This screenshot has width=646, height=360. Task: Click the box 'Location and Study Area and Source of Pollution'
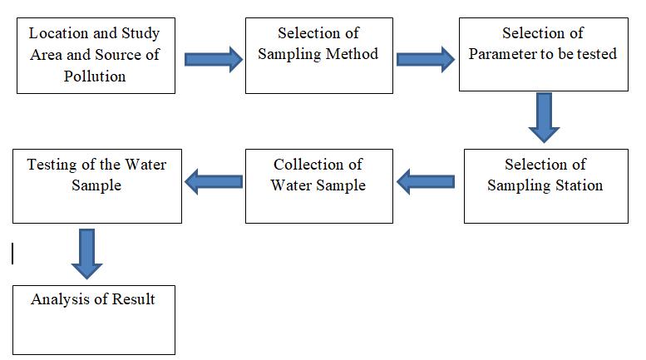tap(96, 56)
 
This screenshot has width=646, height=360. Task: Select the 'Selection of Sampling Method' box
tap(318, 56)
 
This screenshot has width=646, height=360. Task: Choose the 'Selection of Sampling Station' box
tap(545, 185)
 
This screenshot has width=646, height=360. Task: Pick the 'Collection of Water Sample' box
tap(318, 185)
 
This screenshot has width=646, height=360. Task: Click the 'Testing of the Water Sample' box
tap(96, 185)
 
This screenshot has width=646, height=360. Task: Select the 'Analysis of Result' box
tap(93, 318)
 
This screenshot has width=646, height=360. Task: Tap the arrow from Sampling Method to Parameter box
tap(425, 59)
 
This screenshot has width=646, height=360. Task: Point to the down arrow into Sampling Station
tap(544, 117)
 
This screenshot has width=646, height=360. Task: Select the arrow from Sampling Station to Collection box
tap(426, 180)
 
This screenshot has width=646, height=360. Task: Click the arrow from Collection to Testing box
tap(213, 180)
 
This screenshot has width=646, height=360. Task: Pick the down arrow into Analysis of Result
tap(86, 253)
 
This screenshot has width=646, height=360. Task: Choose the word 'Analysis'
tap(59, 299)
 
